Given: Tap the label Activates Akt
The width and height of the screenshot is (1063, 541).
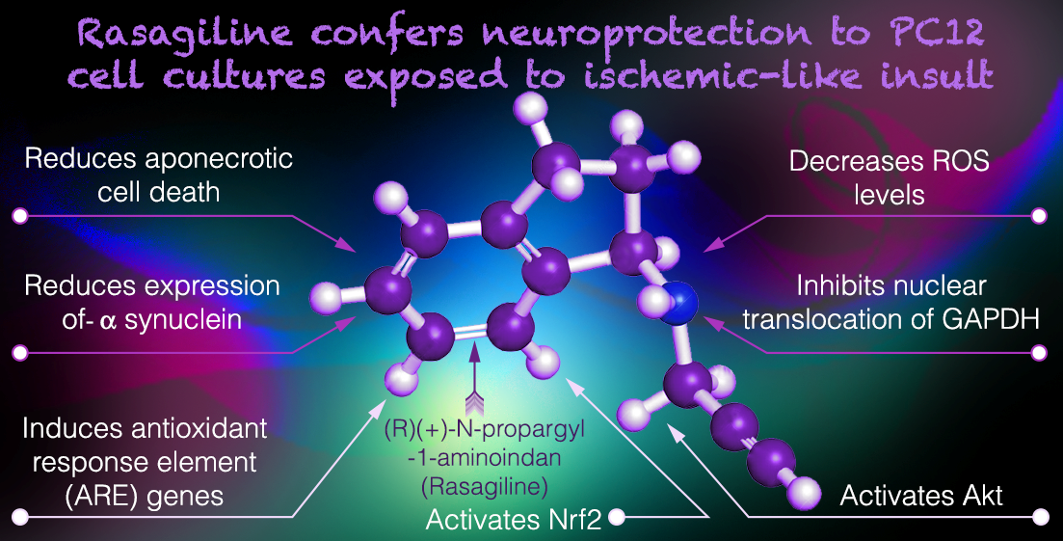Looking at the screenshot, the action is pos(921,496).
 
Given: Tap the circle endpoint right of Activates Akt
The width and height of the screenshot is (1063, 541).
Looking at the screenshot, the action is pos(1040,518).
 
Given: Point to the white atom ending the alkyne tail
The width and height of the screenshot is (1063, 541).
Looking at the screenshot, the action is pos(803,493).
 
